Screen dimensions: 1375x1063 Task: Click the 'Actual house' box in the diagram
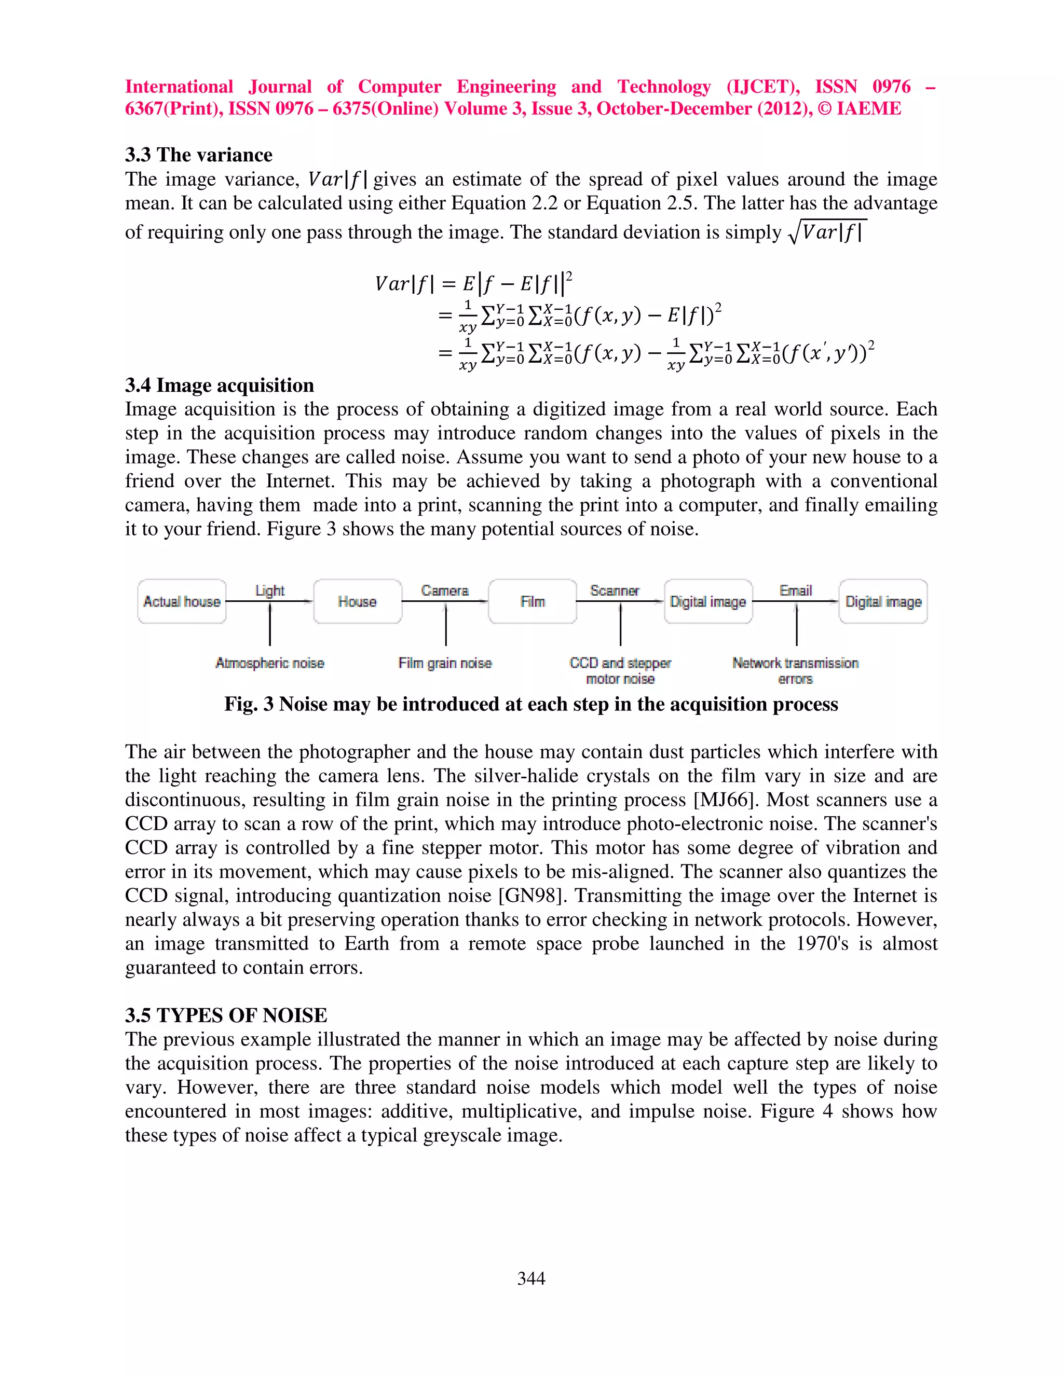[181, 601]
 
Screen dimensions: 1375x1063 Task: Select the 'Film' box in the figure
[532, 601]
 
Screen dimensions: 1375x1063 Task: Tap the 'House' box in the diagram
[357, 601]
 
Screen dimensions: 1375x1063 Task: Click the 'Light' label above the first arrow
[269, 590]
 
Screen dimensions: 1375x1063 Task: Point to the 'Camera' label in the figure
[445, 590]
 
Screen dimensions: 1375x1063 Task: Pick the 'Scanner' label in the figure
[615, 590]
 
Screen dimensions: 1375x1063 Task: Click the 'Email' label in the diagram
[795, 590]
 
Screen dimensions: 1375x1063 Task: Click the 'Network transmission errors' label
[795, 670]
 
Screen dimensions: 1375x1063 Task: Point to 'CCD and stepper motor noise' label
[620, 670]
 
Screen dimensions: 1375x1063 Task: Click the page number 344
[531, 1278]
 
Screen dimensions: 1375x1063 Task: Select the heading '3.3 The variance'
[198, 155]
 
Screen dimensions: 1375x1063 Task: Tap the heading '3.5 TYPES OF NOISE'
[225, 1015]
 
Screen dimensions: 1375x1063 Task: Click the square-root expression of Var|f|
[827, 232]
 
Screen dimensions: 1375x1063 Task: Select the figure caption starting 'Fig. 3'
[531, 704]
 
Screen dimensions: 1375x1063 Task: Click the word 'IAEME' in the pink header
[868, 109]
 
